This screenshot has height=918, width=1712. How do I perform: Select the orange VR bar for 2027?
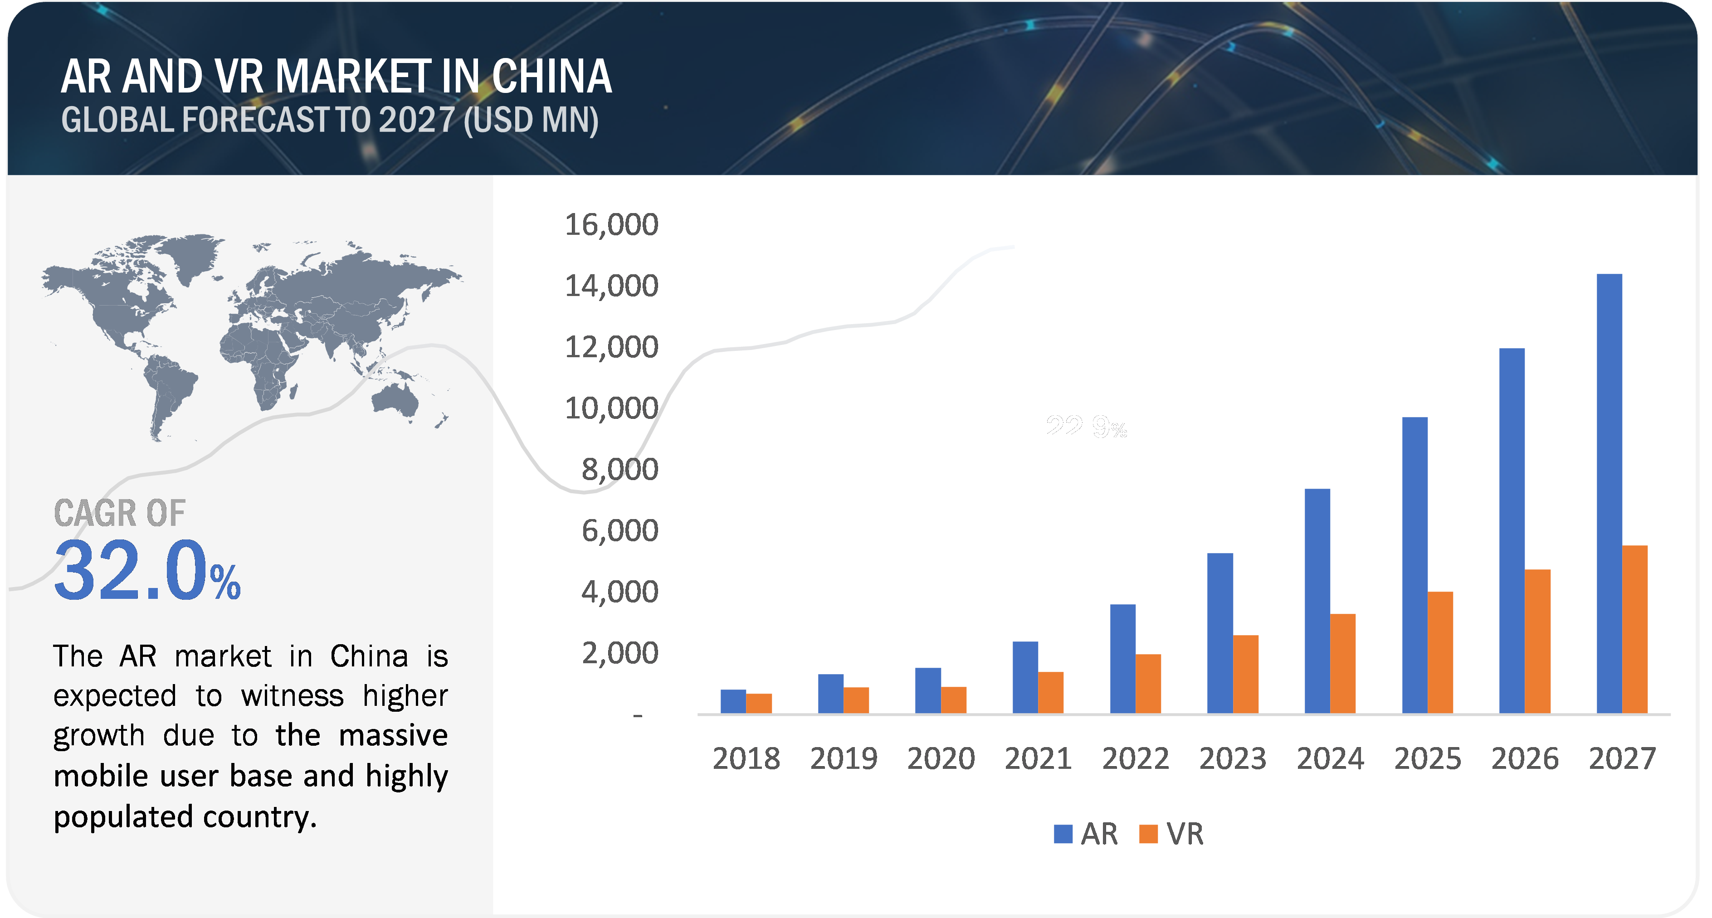tap(1635, 629)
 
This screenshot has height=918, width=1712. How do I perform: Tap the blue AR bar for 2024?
tap(1317, 601)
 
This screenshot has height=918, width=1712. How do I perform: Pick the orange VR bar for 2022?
tap(1148, 684)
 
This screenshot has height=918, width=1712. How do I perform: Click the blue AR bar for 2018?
tap(733, 701)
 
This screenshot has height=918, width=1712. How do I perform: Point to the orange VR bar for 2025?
tap(1440, 652)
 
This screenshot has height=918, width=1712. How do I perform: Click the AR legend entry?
tap(1086, 834)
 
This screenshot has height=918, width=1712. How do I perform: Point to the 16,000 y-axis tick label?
tap(611, 224)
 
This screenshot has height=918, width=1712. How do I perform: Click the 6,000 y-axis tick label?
tap(619, 531)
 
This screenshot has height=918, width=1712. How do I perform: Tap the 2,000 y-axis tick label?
tap(619, 654)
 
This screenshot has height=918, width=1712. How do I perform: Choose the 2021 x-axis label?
tap(1038, 758)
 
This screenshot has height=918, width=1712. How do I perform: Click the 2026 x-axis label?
tap(1525, 758)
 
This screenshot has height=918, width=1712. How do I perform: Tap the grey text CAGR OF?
tap(120, 514)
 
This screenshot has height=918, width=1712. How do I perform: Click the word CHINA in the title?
tap(551, 77)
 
